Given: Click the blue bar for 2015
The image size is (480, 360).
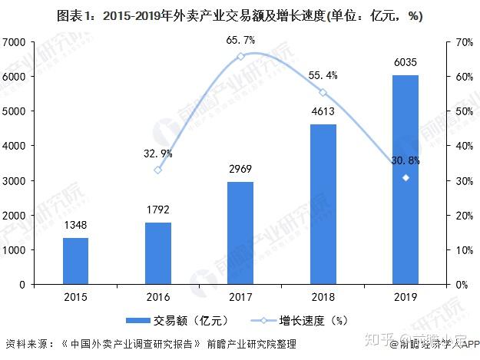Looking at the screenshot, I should [x=75, y=261].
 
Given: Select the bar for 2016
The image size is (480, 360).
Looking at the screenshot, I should [x=158, y=253].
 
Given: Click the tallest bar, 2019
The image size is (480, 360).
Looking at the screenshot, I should [x=406, y=180].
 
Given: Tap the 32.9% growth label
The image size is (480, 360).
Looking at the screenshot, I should [x=158, y=153].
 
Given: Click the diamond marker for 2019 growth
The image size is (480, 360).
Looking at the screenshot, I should [x=406, y=177].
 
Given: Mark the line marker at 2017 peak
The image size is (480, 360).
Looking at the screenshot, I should [x=240, y=56].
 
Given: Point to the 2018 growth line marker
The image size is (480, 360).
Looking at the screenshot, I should [x=323, y=92].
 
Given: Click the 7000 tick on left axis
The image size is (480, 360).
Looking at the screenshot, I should [x=15, y=41].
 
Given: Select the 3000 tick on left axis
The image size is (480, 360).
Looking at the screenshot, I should [x=15, y=180].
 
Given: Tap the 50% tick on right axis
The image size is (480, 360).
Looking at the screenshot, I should [x=458, y=111].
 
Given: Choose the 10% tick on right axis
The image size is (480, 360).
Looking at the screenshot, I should [x=458, y=249].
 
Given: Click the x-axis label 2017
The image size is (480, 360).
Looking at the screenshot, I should [x=240, y=298].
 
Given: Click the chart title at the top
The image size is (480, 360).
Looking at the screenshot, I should [x=240, y=14].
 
